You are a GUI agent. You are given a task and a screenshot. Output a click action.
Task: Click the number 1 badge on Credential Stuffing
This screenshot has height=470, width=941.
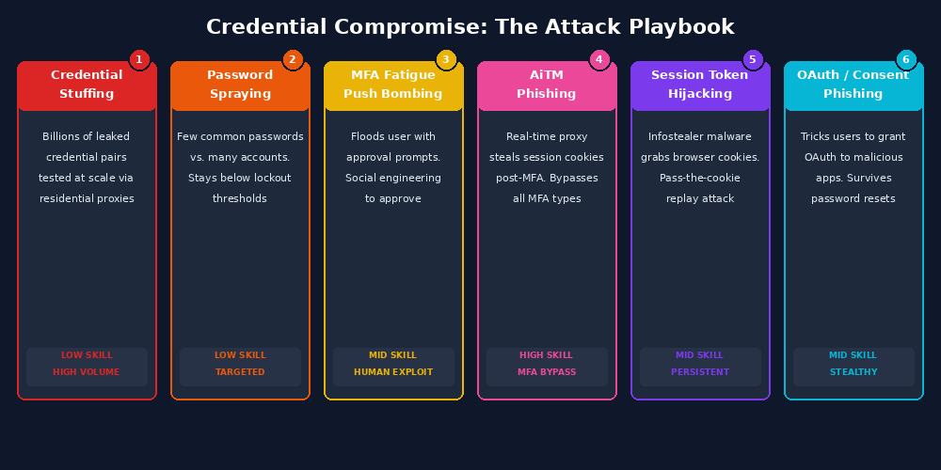pos(139,60)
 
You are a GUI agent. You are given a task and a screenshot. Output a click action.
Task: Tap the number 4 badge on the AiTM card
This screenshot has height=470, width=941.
pos(599,60)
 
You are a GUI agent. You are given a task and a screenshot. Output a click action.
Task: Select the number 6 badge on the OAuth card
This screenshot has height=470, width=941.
pos(906,60)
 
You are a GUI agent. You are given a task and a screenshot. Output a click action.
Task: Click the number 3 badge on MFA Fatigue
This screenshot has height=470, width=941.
pos(446,60)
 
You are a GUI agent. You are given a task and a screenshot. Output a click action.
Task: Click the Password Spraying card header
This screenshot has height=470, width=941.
pos(240,85)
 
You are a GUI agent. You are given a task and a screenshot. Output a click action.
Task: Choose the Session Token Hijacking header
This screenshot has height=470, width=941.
pos(700,85)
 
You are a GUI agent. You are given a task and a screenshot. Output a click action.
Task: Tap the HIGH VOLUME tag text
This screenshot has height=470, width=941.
pos(87,372)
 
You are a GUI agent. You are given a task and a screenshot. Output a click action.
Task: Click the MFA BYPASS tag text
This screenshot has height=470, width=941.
pos(547,372)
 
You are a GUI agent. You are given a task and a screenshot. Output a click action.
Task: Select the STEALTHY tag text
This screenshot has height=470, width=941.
pos(853,372)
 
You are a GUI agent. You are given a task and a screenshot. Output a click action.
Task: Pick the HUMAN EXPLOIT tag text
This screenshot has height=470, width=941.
pos(393,372)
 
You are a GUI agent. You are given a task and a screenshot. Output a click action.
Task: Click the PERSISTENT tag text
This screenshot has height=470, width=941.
pos(700,372)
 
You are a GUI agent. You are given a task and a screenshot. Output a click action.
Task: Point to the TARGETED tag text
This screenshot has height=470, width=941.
pos(240,372)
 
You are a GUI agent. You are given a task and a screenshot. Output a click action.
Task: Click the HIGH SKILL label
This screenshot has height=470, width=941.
pos(546,355)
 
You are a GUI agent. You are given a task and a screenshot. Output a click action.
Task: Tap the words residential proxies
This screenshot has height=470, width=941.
pos(87,198)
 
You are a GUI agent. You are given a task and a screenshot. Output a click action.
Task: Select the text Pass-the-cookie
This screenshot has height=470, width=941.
pos(700,178)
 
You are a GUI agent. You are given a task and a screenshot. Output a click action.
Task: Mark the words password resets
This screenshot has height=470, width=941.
pos(853,198)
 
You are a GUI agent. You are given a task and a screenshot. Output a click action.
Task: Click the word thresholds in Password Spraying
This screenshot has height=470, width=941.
pos(240,198)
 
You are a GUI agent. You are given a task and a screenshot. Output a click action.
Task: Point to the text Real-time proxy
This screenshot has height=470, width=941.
pos(547,136)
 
